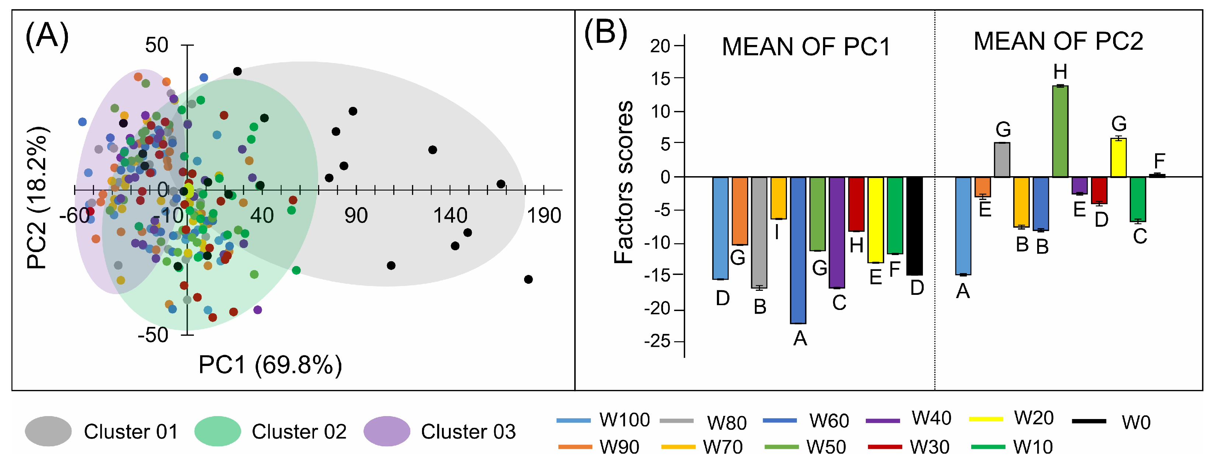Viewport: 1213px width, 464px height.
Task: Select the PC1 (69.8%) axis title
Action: [x=270, y=364]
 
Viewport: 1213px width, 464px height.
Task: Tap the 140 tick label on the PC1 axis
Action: [x=450, y=216]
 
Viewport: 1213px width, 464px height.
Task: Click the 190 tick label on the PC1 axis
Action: [x=544, y=216]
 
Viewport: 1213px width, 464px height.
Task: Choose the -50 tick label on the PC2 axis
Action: [x=153, y=335]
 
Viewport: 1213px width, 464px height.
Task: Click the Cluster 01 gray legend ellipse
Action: [x=48, y=431]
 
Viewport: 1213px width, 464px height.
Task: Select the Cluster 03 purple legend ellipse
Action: [x=387, y=431]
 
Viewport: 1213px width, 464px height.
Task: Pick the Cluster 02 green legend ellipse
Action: [x=217, y=431]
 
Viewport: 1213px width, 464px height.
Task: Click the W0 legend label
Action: [x=1136, y=423]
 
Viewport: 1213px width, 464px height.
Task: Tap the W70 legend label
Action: [x=722, y=447]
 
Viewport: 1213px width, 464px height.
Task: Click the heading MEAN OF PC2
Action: [x=1058, y=41]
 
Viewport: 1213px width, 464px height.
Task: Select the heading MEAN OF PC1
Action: [x=806, y=47]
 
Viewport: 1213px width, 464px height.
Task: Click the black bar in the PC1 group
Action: [x=914, y=226]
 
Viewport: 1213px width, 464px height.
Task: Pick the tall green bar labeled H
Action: [x=1060, y=132]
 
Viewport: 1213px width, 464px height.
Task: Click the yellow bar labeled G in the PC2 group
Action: [x=1118, y=158]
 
